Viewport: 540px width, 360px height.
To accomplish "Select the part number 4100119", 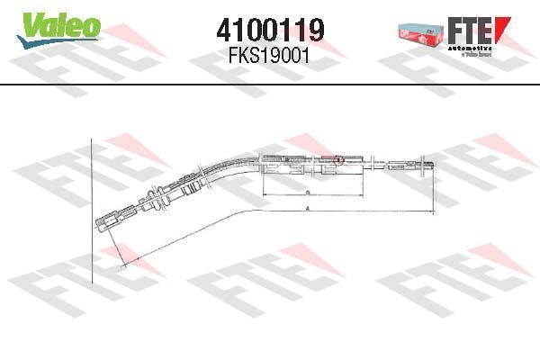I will pyautogui.click(x=270, y=31).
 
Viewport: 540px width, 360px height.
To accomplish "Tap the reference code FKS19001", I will pyautogui.click(x=270, y=54).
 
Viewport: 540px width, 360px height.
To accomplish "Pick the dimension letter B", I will pyautogui.click(x=307, y=193).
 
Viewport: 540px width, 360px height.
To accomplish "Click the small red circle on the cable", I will pyautogui.click(x=338, y=159).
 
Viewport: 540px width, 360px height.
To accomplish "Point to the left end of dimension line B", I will pyautogui.click(x=261, y=194).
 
